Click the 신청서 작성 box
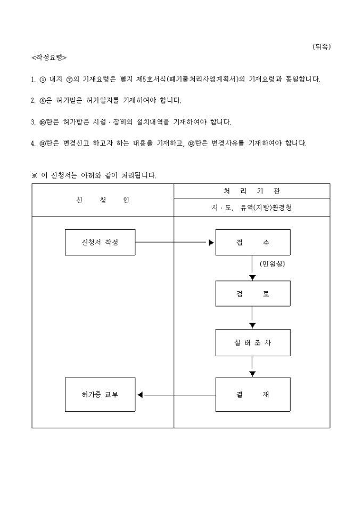tap(100, 242)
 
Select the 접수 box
tap(252, 242)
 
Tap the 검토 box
tap(252, 294)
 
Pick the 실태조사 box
tap(252, 342)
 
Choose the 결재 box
tap(252, 395)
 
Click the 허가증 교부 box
tap(100, 395)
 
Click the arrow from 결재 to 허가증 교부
tap(176, 395)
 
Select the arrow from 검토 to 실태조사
tap(252, 318)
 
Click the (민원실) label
tap(272, 264)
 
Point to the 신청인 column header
tap(103, 201)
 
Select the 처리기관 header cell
tap(252, 191)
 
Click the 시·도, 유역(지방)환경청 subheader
tap(252, 208)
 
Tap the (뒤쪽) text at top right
tap(322, 46)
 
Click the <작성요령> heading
tap(50, 57)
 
